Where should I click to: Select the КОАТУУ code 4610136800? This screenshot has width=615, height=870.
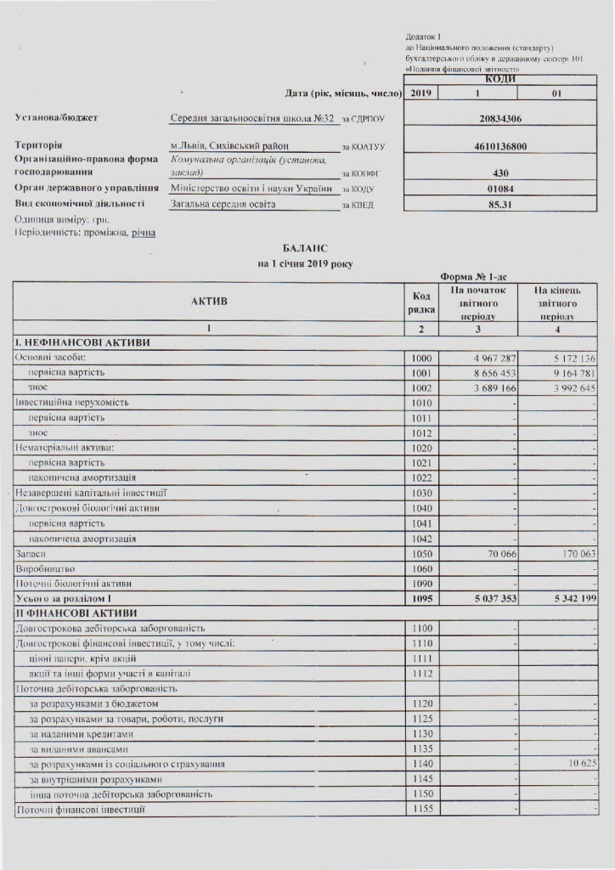500,146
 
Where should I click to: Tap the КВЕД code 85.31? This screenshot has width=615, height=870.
500,204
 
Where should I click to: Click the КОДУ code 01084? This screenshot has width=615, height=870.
500,188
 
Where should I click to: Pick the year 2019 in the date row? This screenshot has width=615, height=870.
420,93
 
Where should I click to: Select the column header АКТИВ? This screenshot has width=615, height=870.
209,301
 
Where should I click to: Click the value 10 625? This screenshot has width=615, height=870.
578,764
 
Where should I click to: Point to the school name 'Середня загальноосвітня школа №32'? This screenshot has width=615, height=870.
253,118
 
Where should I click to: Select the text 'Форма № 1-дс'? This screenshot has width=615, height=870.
471,276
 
